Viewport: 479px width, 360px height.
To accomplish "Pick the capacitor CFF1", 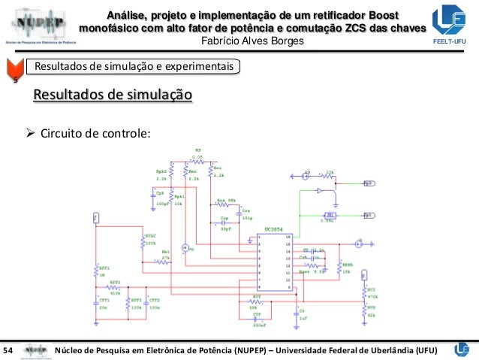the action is [x=95, y=303].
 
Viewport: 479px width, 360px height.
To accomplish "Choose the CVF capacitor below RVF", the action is [x=256, y=319].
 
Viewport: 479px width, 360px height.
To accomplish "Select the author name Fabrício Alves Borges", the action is [x=255, y=41].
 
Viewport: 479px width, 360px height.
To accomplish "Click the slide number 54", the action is [x=9, y=349].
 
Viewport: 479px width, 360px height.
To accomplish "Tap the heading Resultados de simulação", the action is [x=112, y=95].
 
